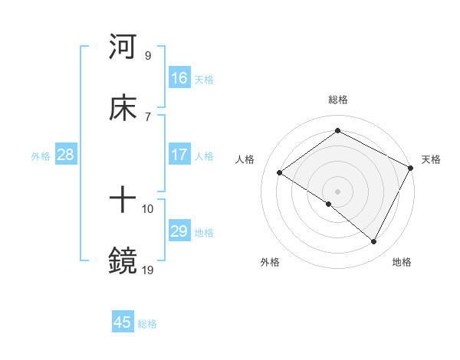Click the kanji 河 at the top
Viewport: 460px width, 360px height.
click(x=123, y=47)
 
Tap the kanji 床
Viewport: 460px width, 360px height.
click(x=123, y=108)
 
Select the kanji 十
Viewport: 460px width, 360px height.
click(x=123, y=201)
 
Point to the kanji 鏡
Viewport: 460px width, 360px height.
click(x=123, y=261)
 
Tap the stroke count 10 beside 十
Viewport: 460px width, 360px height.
click(x=148, y=208)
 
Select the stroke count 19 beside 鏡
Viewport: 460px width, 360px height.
click(x=148, y=270)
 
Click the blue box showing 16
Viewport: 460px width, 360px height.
click(x=179, y=77)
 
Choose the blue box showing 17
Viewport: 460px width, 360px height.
click(x=179, y=155)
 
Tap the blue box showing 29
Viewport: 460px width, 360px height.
click(x=179, y=231)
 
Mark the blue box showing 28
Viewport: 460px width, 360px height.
click(x=66, y=155)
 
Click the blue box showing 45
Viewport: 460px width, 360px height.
click(x=123, y=322)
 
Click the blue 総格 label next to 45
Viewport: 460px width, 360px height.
click(x=148, y=324)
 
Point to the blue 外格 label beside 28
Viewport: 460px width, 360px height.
click(x=41, y=155)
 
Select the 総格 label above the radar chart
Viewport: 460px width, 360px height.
click(x=337, y=100)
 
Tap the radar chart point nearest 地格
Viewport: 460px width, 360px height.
click(x=374, y=242)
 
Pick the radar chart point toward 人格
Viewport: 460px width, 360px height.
click(x=280, y=172)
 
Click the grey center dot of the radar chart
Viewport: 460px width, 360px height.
click(x=337, y=191)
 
